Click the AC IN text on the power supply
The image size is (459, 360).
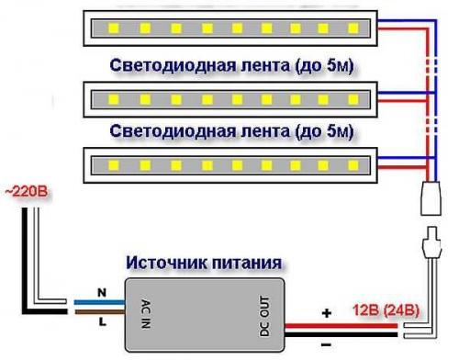tap(145, 311)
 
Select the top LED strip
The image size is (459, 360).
tap(234, 28)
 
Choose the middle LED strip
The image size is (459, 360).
tap(234, 96)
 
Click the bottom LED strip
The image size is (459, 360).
tap(234, 165)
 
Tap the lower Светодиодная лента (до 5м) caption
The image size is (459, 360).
tap(231, 133)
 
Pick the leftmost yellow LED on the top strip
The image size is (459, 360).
tap(116, 28)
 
